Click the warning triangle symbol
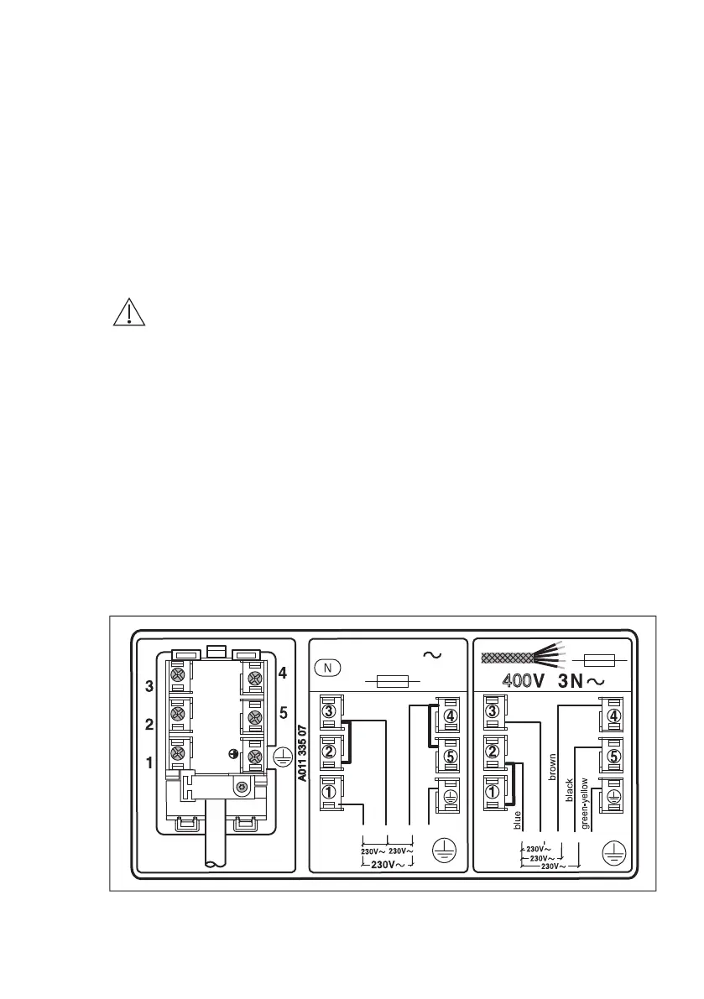pyautogui.click(x=128, y=311)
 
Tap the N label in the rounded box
pyautogui.click(x=328, y=669)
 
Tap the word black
pyautogui.click(x=570, y=789)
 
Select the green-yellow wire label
pyautogui.click(x=585, y=804)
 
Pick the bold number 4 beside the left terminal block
pyautogui.click(x=283, y=672)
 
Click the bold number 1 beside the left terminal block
pyautogui.click(x=149, y=764)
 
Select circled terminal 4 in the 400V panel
pyautogui.click(x=613, y=716)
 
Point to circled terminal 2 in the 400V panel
pyautogui.click(x=493, y=752)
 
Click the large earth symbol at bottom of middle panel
pyautogui.click(x=441, y=852)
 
